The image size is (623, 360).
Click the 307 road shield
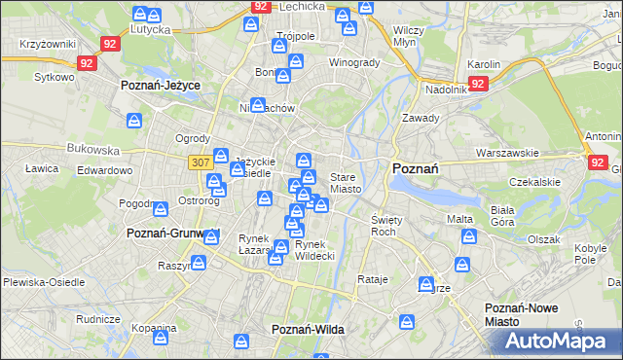[201, 162]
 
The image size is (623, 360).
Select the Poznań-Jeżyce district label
[161, 86]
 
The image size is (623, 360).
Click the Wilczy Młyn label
[406, 36]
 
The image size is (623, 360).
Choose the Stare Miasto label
[346, 183]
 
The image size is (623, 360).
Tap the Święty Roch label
[383, 226]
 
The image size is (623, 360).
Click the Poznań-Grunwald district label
[174, 234]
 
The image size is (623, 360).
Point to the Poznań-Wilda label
[308, 330]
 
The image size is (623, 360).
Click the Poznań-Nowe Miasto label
[522, 314]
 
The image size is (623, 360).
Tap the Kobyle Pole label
[591, 255]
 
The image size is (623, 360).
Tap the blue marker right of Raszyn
[199, 264]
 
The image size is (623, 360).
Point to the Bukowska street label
[92, 151]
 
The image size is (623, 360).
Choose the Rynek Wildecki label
[314, 250]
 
